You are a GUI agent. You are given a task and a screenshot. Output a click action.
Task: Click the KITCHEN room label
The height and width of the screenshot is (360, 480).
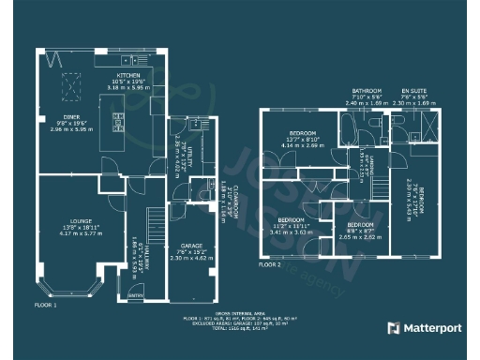[127, 74]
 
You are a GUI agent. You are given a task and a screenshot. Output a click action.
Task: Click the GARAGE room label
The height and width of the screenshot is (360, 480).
[194, 246]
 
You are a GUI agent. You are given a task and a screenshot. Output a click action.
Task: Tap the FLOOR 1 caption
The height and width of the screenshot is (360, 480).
[46, 306]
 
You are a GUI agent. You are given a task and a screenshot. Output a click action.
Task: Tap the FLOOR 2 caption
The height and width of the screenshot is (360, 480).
[270, 265]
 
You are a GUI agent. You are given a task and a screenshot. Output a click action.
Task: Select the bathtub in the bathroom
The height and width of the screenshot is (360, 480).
[344, 128]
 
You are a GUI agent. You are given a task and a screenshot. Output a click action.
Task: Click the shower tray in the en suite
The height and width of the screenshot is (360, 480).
[428, 124]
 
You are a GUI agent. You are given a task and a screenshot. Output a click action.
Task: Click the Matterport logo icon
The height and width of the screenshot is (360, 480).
[393, 328]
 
